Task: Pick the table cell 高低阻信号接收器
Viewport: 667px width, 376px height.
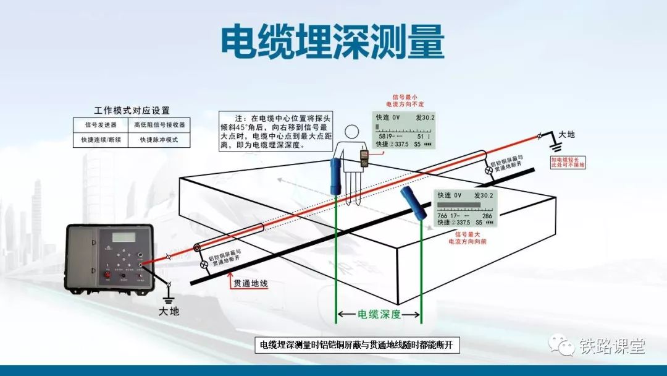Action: [159, 124]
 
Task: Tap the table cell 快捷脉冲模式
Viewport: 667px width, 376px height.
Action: [159, 140]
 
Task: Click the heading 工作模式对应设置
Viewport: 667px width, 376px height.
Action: [132, 110]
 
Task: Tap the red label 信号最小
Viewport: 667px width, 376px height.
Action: [405, 97]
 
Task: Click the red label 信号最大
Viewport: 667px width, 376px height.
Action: [467, 234]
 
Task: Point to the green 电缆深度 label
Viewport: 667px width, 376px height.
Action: [379, 314]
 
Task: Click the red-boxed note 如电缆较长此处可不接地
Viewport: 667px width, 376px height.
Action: [568, 162]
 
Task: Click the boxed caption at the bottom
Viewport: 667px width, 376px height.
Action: [358, 345]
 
